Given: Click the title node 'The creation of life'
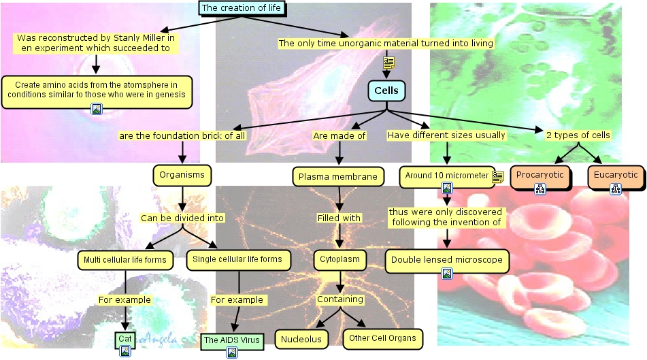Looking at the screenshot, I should pyautogui.click(x=241, y=8).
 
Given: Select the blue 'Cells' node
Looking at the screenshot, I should pyautogui.click(x=386, y=91).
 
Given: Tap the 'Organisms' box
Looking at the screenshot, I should pyautogui.click(x=182, y=176).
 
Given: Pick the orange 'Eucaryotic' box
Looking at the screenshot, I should pyautogui.click(x=615, y=176).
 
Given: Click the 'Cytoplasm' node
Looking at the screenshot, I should pyautogui.click(x=340, y=259).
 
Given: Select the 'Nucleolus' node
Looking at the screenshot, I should pyautogui.click(x=302, y=339).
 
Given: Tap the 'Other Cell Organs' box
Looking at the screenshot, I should pyautogui.click(x=382, y=338).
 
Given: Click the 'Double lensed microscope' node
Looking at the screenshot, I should pyautogui.click(x=447, y=260).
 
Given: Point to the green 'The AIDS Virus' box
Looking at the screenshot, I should pyautogui.click(x=232, y=340).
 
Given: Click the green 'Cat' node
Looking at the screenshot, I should pyautogui.click(x=125, y=339).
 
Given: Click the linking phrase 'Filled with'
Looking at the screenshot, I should pyautogui.click(x=339, y=218).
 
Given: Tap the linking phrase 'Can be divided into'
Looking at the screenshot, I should pyautogui.click(x=182, y=218).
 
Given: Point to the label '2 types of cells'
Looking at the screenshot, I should pyautogui.click(x=578, y=135).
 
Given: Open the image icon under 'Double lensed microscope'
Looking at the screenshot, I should pyautogui.click(x=447, y=274).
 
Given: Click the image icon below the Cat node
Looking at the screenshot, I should pyautogui.click(x=125, y=351).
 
